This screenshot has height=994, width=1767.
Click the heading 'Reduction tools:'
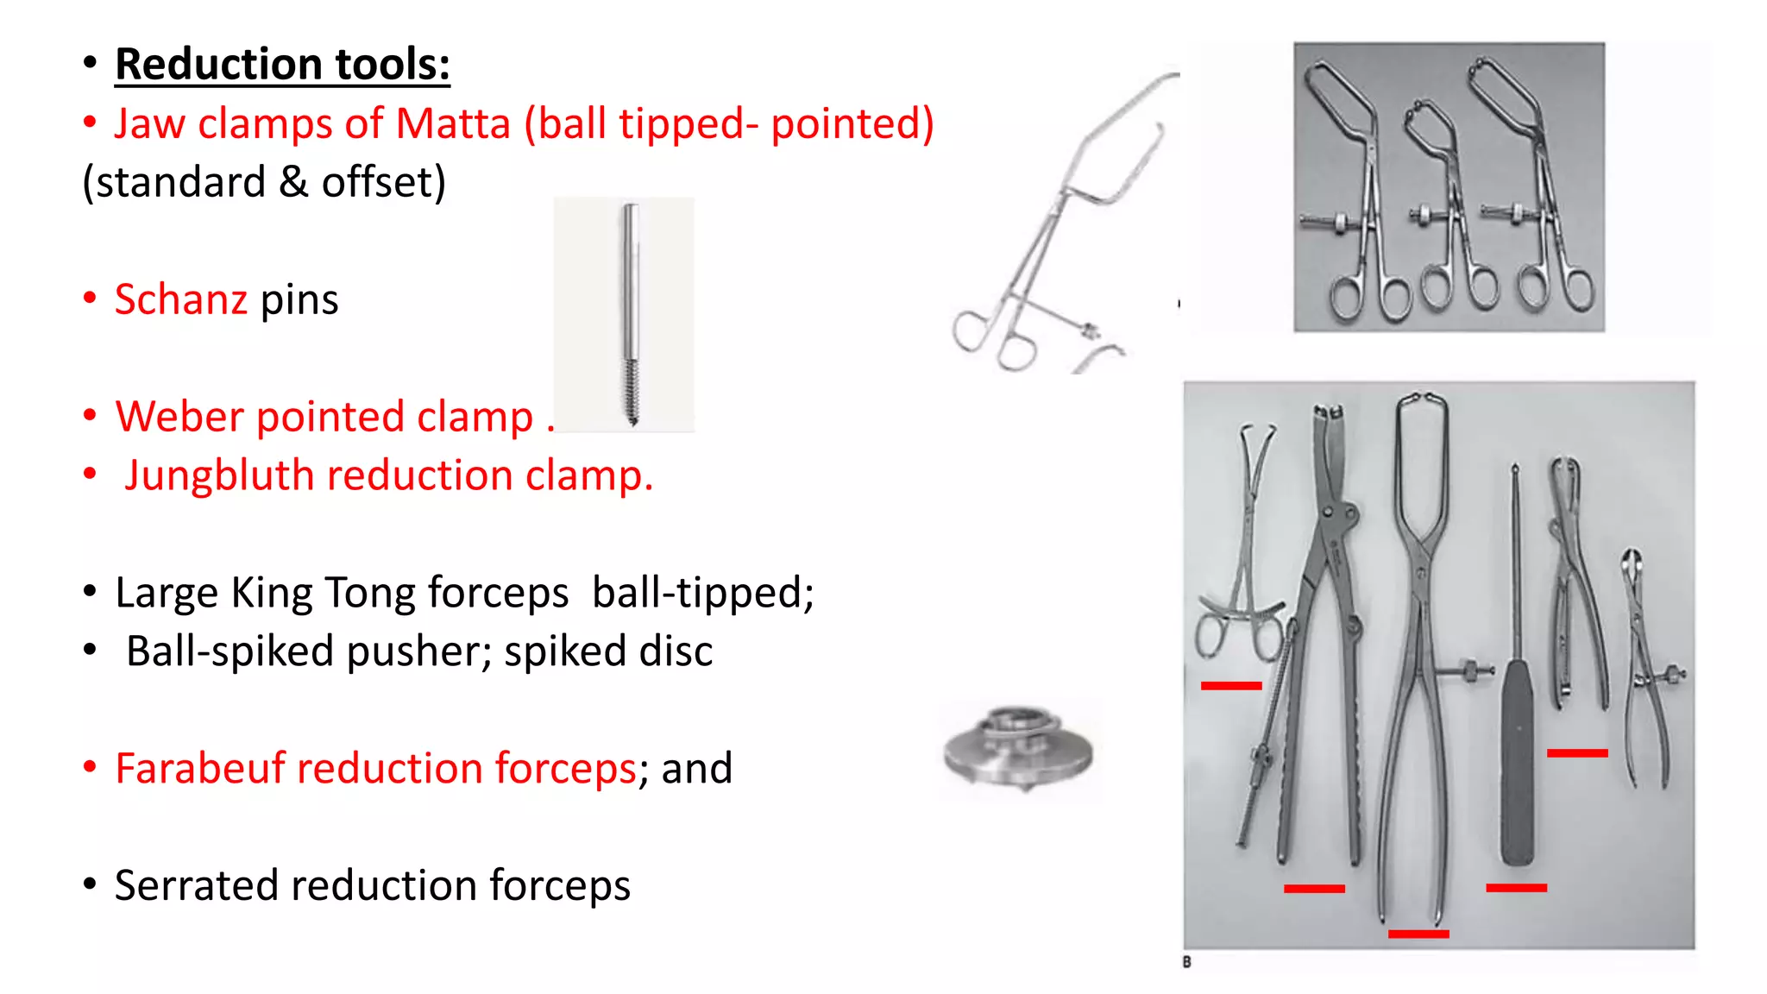point(282,65)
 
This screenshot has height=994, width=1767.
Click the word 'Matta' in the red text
point(452,123)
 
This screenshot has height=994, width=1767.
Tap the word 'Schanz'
point(181,299)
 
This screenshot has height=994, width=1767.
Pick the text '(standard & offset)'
point(264,182)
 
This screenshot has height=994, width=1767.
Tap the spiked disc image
point(1018,748)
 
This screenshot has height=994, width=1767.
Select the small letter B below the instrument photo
point(1187,962)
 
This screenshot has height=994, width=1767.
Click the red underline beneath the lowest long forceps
point(1418,934)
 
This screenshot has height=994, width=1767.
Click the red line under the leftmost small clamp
point(1231,686)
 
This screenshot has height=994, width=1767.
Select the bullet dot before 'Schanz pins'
point(90,299)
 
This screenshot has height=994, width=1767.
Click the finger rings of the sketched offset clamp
point(992,341)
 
